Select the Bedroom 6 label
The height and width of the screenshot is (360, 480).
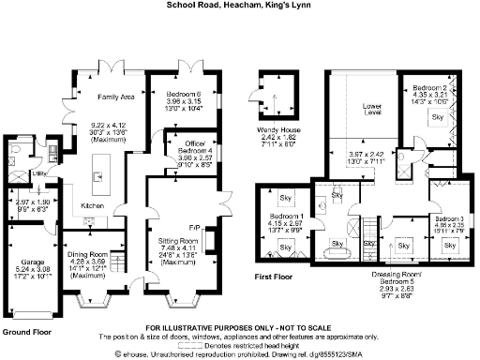(x=189, y=96)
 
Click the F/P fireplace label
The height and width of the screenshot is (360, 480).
(x=195, y=228)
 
